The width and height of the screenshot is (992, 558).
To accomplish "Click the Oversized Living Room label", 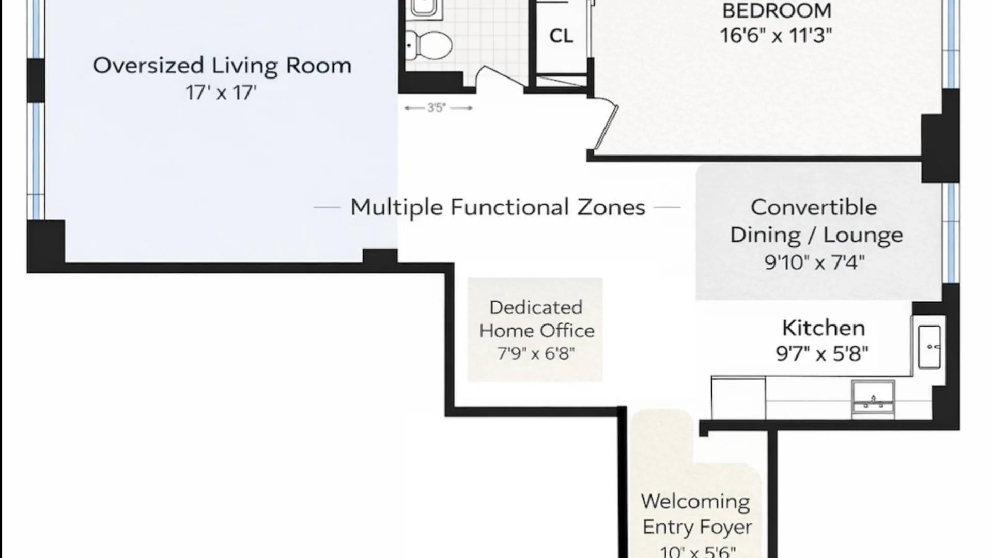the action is click(x=222, y=66).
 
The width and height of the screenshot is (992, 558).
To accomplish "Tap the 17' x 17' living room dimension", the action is click(x=221, y=92).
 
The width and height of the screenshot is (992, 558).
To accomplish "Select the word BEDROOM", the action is click(x=777, y=11).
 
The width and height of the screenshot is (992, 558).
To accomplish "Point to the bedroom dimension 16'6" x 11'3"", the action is click(x=776, y=35).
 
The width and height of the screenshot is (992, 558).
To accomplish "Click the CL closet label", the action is click(x=561, y=36).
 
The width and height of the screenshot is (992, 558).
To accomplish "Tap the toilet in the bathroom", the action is click(x=428, y=44).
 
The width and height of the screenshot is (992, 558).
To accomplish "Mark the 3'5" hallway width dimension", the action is click(x=437, y=108).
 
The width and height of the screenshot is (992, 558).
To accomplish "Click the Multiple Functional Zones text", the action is click(x=498, y=207).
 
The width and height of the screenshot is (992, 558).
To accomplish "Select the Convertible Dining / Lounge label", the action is click(x=816, y=221).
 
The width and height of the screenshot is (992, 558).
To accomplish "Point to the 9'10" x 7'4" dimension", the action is click(x=814, y=262).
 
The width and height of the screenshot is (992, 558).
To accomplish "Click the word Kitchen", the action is click(x=823, y=328).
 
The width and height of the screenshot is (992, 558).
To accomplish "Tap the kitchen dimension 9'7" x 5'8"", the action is click(x=822, y=354).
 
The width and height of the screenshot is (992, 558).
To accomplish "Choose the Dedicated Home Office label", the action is click(x=536, y=319).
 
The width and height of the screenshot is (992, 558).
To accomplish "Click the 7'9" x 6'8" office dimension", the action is click(x=536, y=354).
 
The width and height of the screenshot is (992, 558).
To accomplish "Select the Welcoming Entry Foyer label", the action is click(x=696, y=514).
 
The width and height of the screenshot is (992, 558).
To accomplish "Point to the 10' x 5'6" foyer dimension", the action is click(x=698, y=551).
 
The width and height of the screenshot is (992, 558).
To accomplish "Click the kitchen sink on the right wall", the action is click(x=929, y=347).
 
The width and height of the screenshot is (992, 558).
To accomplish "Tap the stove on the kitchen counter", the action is click(x=873, y=397).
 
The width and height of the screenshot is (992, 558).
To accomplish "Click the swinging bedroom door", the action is click(x=606, y=127).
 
